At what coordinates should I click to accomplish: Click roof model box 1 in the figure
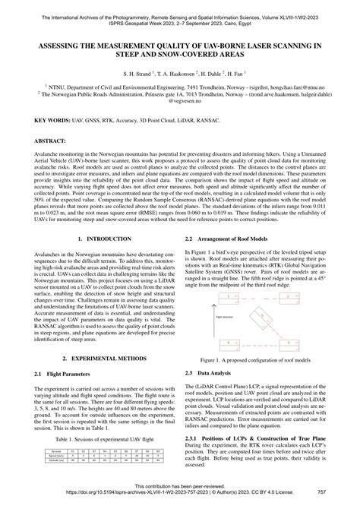(229, 299)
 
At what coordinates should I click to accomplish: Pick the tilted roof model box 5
(261, 319)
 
